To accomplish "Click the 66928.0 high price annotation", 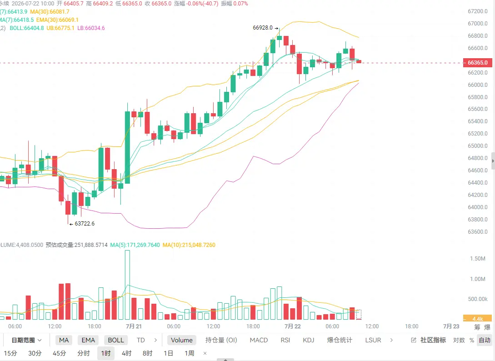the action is pos(263,28).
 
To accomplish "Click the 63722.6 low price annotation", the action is pos(84,224).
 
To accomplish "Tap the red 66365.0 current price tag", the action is pos(477,63).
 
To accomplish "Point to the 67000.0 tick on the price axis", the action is pos(478,23).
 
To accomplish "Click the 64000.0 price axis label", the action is pos(478,207).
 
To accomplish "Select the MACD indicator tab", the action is pos(259,340).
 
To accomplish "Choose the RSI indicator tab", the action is pos(285,340).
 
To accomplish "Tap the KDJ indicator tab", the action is pos(309,340).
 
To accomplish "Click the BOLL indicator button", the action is pos(116,340).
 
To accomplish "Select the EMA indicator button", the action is pos(88,340).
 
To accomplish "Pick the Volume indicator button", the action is pos(181,340).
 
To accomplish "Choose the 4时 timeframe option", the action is pos(127,353).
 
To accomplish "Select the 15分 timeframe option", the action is pos(10,353).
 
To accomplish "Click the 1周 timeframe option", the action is pos(190,353).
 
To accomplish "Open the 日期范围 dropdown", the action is pos(26,340).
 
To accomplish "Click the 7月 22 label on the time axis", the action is pos(293,326).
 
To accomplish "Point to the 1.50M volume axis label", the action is pos(478,259).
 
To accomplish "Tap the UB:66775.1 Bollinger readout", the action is pos(60,28).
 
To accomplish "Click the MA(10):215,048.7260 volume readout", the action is pos(189,245).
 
